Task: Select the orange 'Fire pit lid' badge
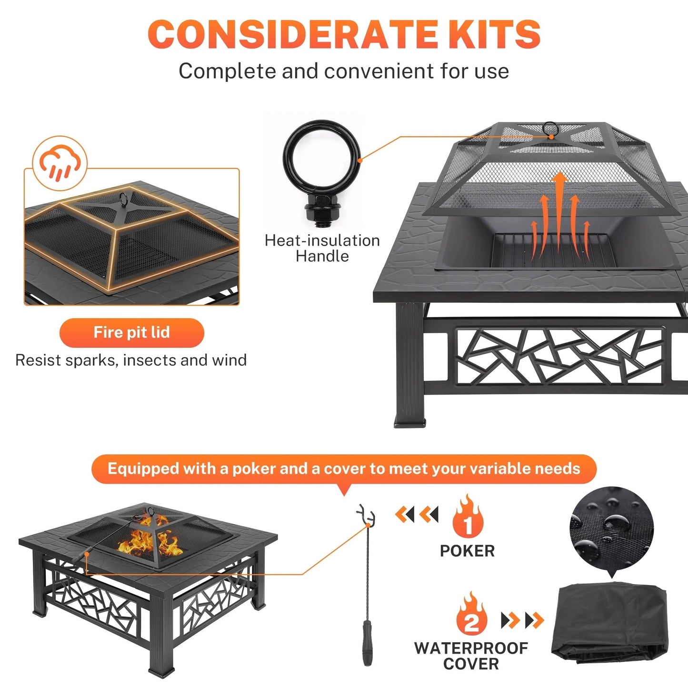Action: pyautogui.click(x=131, y=332)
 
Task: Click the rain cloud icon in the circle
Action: pyautogui.click(x=60, y=162)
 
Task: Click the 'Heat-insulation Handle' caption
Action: pyautogui.click(x=322, y=248)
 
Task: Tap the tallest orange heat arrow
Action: pyautogui.click(x=560, y=209)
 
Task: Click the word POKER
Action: pyautogui.click(x=467, y=551)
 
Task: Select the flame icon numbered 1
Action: pyautogui.click(x=468, y=518)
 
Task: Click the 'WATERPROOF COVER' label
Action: pyautogui.click(x=471, y=656)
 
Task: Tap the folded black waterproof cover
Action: pyautogui.click(x=609, y=624)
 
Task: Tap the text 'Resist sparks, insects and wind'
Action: pyautogui.click(x=131, y=360)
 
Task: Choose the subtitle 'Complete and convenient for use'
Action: pyautogui.click(x=344, y=71)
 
